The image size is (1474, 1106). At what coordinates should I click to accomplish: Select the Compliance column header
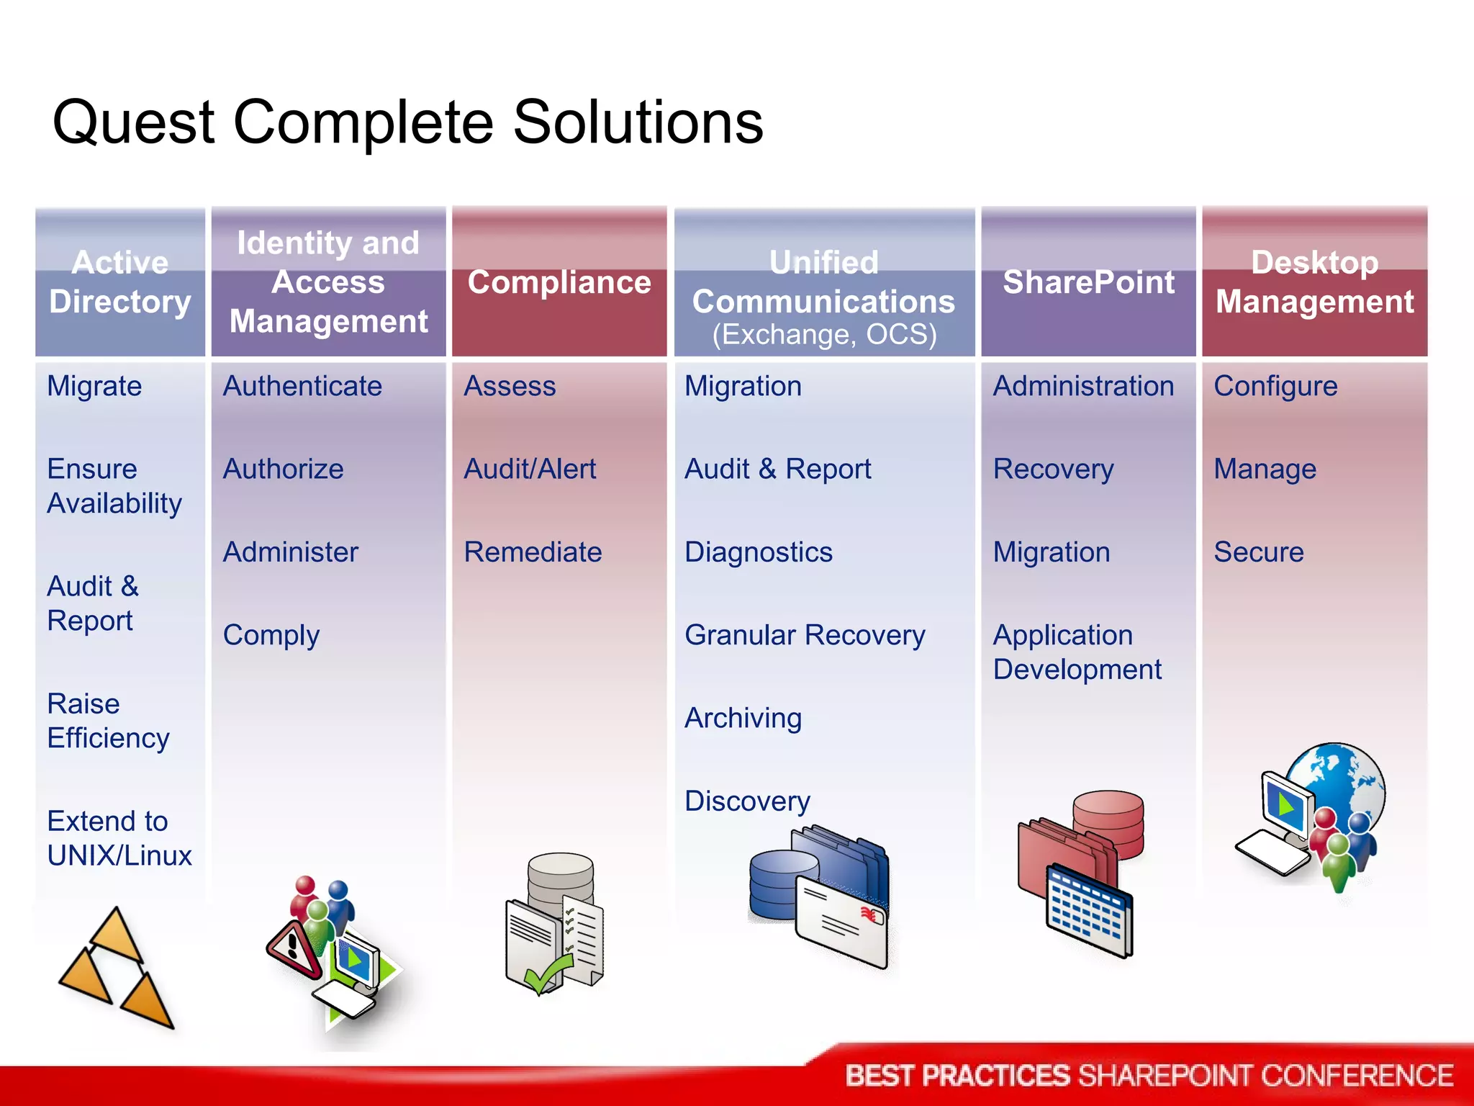click(x=559, y=282)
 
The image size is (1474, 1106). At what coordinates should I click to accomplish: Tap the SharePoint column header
click(x=1088, y=282)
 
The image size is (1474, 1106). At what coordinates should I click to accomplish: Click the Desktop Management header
click(x=1314, y=282)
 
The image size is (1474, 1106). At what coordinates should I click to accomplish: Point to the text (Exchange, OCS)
click(x=824, y=335)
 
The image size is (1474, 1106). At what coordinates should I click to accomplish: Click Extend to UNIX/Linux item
click(x=119, y=838)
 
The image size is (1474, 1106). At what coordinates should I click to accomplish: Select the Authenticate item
click(x=302, y=386)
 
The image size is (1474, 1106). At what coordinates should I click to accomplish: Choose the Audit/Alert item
click(x=530, y=469)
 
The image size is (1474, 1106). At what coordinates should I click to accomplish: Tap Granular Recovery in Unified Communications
click(x=805, y=635)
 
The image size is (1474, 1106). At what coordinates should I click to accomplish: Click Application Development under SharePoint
click(x=1076, y=652)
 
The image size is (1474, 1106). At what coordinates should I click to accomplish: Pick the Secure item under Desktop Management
click(x=1258, y=552)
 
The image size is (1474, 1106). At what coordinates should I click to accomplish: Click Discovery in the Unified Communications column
click(x=747, y=801)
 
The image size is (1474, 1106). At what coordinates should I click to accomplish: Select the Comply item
click(x=271, y=635)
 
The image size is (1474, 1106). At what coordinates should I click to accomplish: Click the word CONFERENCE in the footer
click(x=1357, y=1076)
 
